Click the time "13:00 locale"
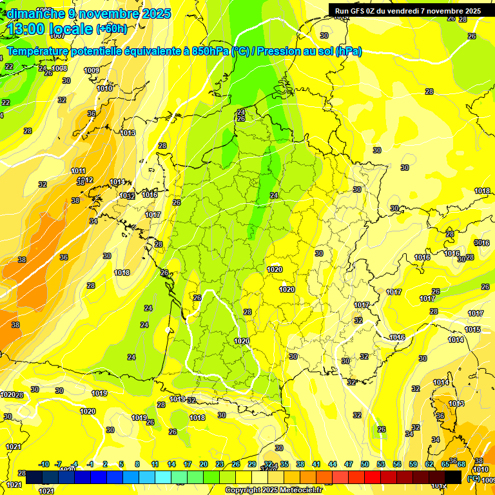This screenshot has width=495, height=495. pyautogui.click(x=50, y=28)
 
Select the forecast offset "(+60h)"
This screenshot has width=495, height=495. pyautogui.click(x=112, y=29)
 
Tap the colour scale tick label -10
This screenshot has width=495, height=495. pyautogui.click(x=44, y=464)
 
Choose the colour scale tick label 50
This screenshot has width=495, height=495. pyautogui.click(x=365, y=464)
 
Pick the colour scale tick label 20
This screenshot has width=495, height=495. pyautogui.click(x=204, y=464)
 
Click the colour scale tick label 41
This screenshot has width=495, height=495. pyautogui.click(x=316, y=464)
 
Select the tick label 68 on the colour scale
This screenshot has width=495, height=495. pyautogui.click(x=461, y=464)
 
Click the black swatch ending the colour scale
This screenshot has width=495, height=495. pyautogui.click(x=453, y=477)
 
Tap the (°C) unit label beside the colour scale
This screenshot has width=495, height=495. pyautogui.click(x=474, y=478)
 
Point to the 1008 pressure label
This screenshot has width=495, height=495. pyautogui.click(x=59, y=68)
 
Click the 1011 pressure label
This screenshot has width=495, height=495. pyautogui.click(x=79, y=171)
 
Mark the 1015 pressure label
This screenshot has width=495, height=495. pyautogui.click(x=473, y=330)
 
